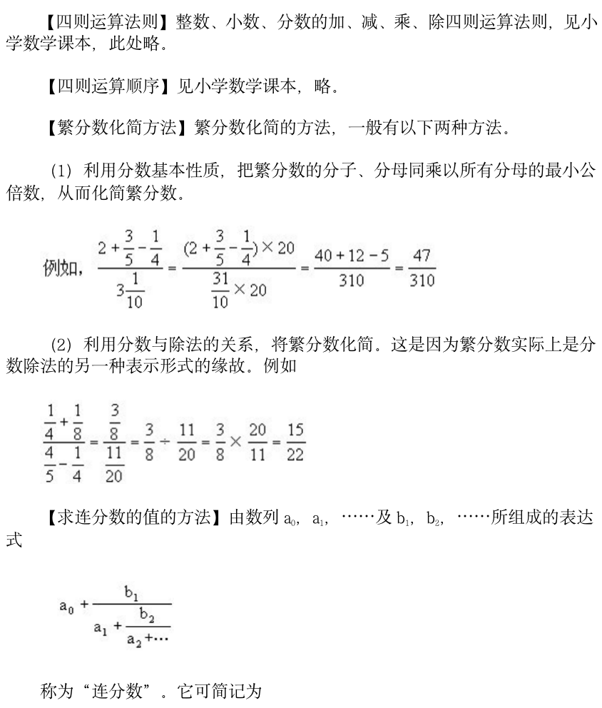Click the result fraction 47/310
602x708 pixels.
coord(422,268)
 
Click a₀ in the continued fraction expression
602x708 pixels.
coord(68,607)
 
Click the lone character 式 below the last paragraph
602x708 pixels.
coord(14,541)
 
